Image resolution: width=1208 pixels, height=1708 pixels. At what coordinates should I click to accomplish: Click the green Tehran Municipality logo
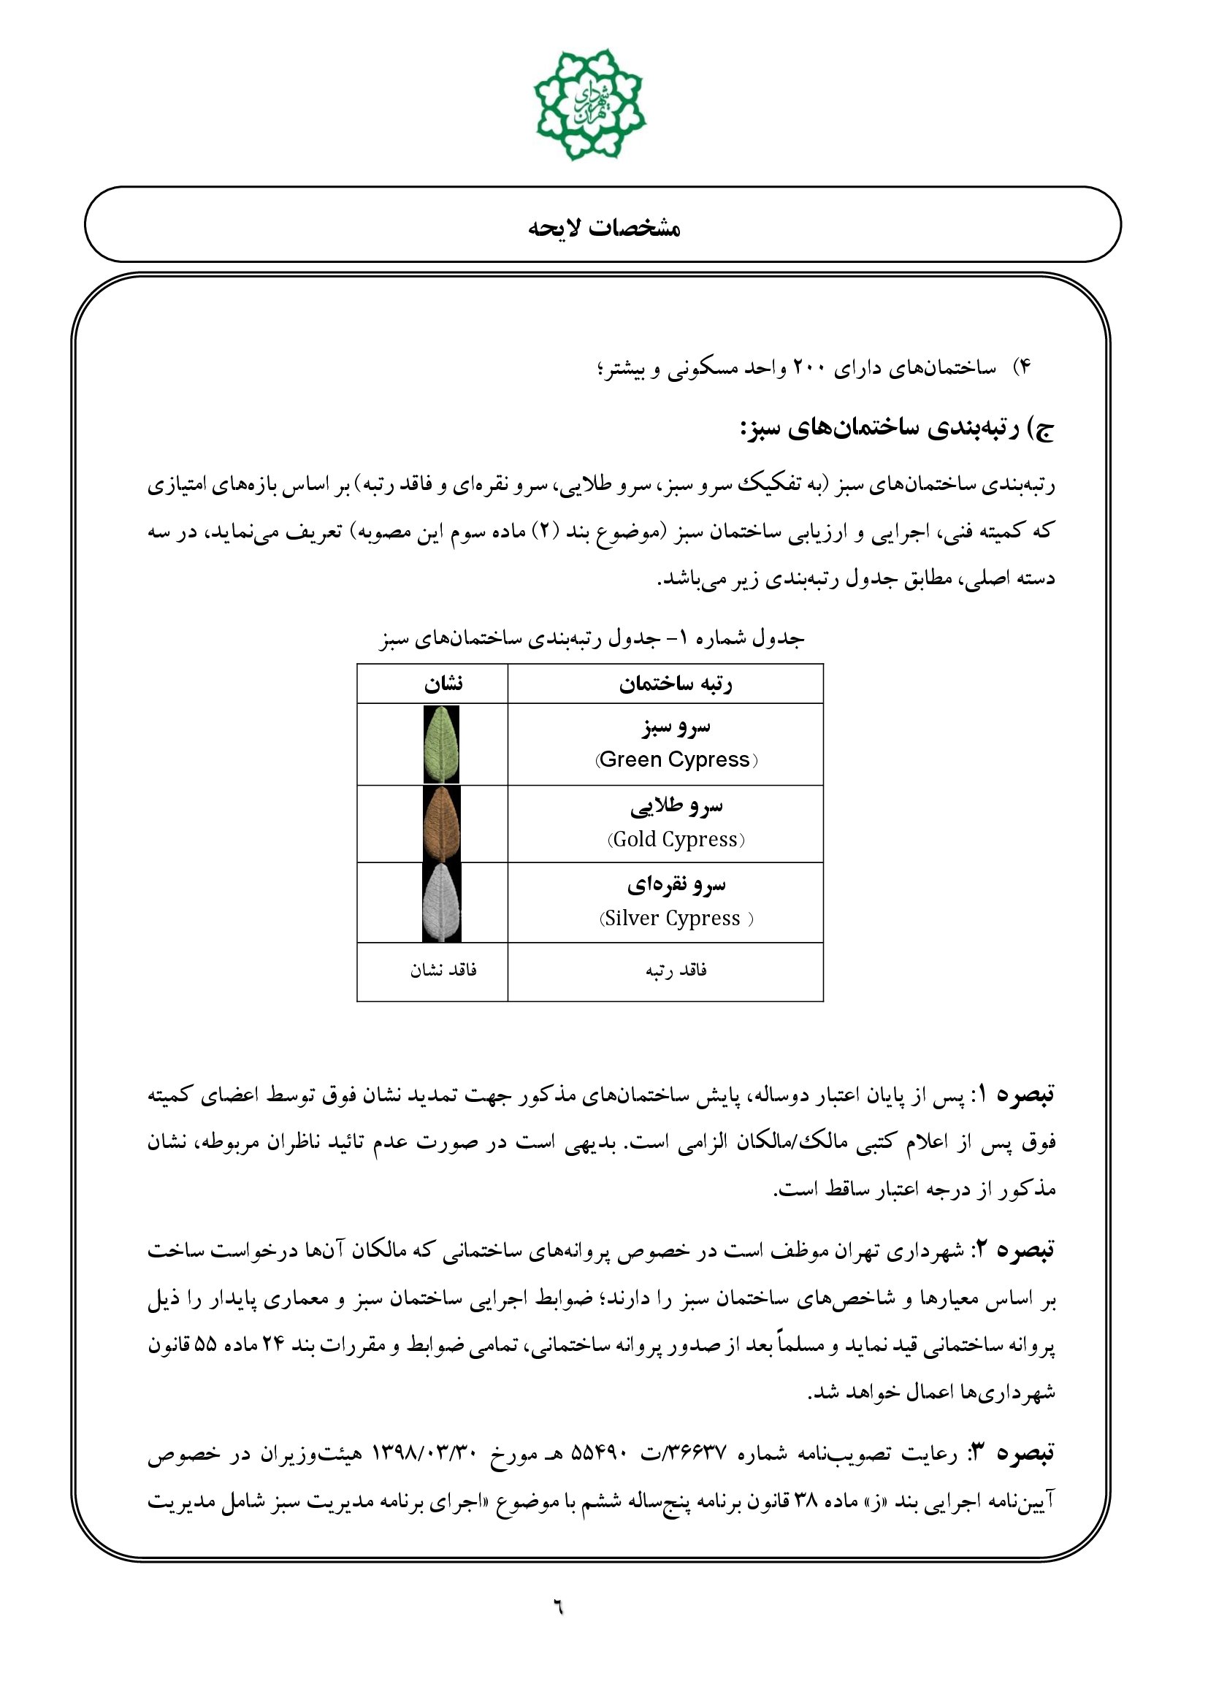[x=589, y=104]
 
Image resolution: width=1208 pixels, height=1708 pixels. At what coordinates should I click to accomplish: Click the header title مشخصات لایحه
[x=604, y=228]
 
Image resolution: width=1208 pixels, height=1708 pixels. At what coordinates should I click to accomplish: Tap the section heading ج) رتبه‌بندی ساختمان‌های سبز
[x=897, y=430]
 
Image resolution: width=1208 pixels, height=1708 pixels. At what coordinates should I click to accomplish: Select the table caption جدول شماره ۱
[x=592, y=638]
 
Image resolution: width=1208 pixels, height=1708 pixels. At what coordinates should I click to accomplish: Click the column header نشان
[x=443, y=683]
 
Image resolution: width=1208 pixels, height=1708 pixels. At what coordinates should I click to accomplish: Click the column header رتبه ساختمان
[x=676, y=683]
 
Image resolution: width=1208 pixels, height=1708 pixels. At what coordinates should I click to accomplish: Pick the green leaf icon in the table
[x=441, y=744]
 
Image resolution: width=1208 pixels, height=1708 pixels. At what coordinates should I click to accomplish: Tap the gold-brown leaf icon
[x=441, y=824]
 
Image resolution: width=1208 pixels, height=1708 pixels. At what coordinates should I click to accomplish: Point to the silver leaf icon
[x=441, y=903]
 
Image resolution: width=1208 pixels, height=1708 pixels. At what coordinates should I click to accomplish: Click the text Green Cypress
[x=675, y=759]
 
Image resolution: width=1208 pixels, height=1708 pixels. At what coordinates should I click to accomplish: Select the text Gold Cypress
[x=676, y=839]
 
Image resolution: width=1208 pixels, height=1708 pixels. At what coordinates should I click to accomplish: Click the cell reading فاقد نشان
[x=443, y=970]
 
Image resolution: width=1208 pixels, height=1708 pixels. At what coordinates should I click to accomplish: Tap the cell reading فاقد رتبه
[x=676, y=970]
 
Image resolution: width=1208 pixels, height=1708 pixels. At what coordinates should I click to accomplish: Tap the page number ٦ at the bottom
[x=558, y=1608]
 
